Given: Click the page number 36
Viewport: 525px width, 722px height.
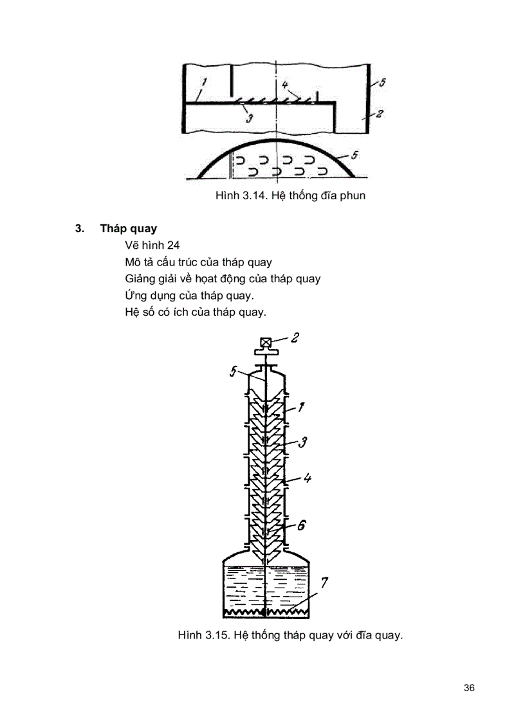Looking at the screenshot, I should tap(468, 688).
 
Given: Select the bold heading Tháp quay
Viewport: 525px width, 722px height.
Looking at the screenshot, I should tap(129, 229).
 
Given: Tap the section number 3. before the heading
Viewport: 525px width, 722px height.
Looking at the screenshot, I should tap(80, 229).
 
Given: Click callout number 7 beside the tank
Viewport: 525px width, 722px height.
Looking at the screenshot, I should tap(324, 584).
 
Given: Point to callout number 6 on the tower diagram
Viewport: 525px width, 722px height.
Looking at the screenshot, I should tap(301, 525).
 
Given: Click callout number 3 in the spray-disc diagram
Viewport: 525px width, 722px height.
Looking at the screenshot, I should tap(250, 118).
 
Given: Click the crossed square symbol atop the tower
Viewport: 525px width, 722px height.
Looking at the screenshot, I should tap(264, 343).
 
